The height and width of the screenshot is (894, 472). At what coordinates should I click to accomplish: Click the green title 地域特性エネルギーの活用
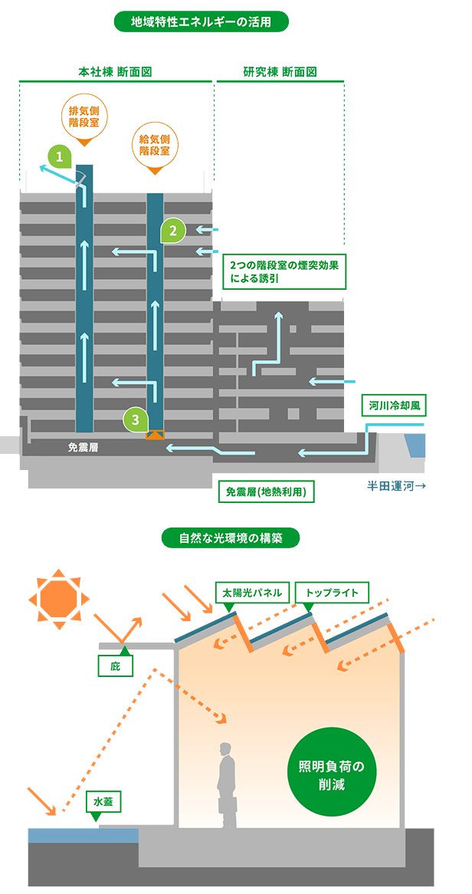coord(201,21)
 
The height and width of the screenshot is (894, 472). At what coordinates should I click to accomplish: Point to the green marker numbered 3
coord(136,419)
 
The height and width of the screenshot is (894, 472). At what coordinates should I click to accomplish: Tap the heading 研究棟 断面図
coord(280,72)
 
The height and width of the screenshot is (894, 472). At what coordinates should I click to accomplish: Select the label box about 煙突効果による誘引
coord(284,271)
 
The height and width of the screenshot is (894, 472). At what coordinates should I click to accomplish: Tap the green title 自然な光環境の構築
coord(230,537)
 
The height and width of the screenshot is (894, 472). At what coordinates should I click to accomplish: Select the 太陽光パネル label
coord(252,593)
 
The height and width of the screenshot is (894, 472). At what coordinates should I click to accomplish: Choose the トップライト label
coord(332,593)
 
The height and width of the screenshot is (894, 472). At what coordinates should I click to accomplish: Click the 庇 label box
coord(116,666)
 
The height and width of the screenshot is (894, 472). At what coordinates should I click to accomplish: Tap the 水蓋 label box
coord(103,802)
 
